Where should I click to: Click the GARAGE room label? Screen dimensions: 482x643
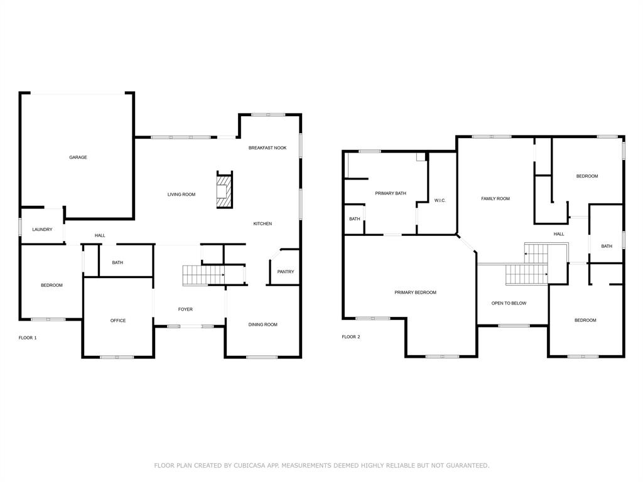(x=78, y=158)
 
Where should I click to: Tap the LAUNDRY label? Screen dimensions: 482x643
(x=42, y=230)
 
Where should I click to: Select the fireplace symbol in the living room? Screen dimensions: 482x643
(x=224, y=190)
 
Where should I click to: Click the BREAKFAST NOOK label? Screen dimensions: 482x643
(x=267, y=148)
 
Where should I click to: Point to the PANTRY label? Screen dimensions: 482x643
(x=286, y=272)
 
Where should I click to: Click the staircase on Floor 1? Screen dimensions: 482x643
(x=203, y=275)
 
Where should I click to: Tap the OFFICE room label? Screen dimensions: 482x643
(x=118, y=321)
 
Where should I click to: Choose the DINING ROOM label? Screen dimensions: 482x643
(x=262, y=324)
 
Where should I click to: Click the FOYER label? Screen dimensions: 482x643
(x=185, y=309)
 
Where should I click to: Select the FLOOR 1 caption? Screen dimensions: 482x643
(x=28, y=338)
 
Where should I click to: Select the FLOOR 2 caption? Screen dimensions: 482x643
(x=351, y=337)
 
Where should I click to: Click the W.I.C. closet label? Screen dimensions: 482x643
(x=440, y=201)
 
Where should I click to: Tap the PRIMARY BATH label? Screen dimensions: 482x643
(x=391, y=193)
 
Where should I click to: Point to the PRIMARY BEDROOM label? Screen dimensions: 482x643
(x=415, y=292)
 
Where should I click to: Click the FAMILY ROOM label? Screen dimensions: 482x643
(x=495, y=199)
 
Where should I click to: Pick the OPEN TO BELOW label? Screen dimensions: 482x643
(x=509, y=303)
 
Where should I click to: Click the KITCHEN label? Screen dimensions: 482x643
(x=262, y=224)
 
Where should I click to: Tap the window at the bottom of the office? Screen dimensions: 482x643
(x=117, y=357)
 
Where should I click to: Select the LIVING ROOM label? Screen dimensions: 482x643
(x=181, y=195)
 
